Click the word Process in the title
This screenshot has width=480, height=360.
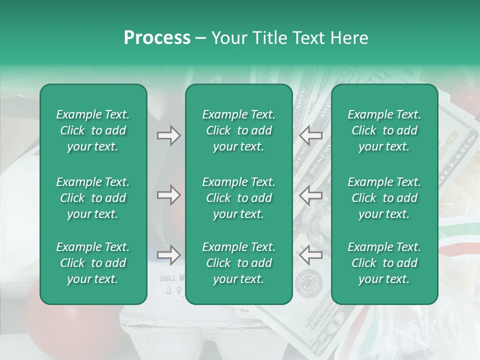157,38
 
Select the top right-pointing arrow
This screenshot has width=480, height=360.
168,135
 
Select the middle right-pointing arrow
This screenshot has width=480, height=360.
168,195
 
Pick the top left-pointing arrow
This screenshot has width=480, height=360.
310,135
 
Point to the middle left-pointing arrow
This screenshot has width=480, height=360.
310,195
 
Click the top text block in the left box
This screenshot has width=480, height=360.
93,130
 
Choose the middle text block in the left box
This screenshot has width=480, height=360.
93,198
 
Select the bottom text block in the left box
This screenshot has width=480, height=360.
93,263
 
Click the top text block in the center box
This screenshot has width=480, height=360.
238,130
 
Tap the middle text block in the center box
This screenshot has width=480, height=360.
238,198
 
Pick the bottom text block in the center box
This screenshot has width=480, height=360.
238,263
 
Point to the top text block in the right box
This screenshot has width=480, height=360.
384,130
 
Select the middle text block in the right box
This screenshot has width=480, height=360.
384,198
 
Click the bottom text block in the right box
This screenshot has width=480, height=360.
384,263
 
